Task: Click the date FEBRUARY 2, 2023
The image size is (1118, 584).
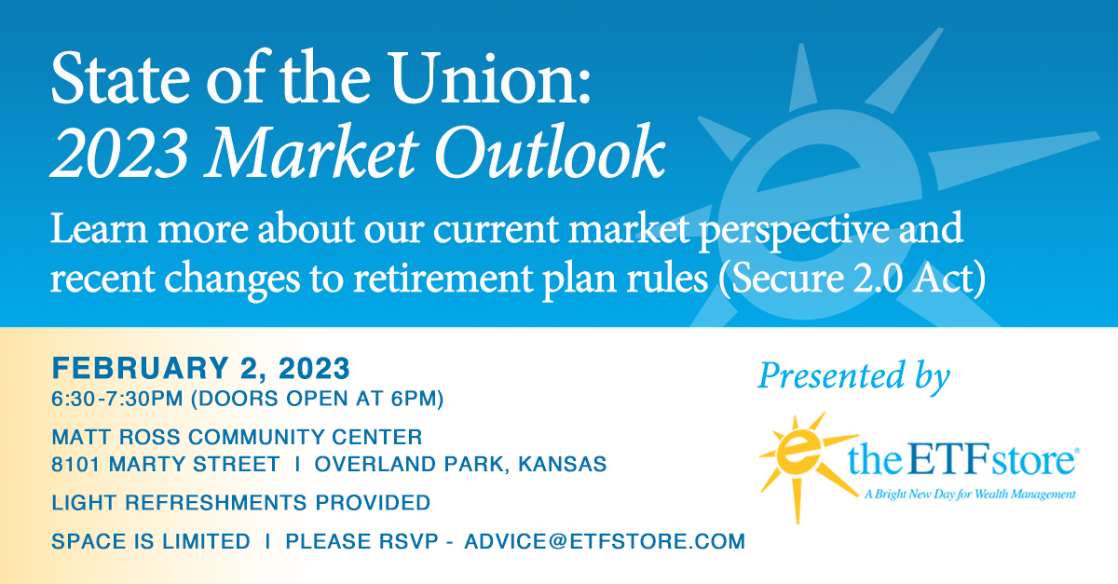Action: [x=201, y=369]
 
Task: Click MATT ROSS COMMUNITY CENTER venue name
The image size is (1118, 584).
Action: [x=238, y=437]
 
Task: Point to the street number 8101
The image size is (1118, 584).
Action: [x=80, y=463]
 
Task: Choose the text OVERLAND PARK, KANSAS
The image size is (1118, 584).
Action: [x=460, y=463]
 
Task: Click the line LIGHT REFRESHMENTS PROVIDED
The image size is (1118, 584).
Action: [x=241, y=503]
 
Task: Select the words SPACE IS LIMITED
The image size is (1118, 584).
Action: [x=151, y=541]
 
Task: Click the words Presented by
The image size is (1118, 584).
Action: [x=852, y=376]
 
